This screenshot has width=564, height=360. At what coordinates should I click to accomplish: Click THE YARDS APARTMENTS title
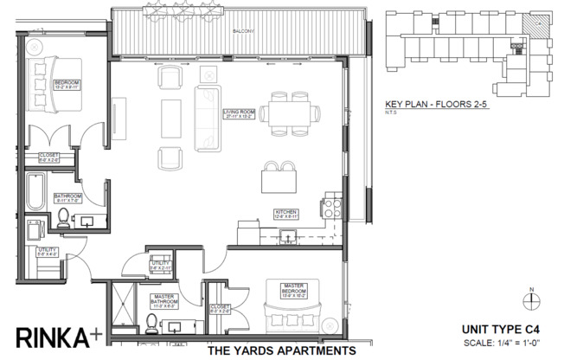pyautogui.click(x=282, y=351)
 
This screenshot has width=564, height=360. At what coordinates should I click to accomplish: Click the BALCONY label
pyautogui.click(x=242, y=32)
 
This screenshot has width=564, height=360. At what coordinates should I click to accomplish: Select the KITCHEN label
pyautogui.click(x=286, y=212)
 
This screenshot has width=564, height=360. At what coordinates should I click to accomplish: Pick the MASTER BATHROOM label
pyautogui.click(x=163, y=301)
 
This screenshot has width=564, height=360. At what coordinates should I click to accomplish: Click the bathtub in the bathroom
pyautogui.click(x=35, y=193)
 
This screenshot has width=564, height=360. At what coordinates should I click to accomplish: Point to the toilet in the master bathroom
pyautogui.click(x=152, y=323)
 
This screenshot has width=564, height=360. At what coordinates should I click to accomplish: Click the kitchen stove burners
pyautogui.click(x=330, y=207)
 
